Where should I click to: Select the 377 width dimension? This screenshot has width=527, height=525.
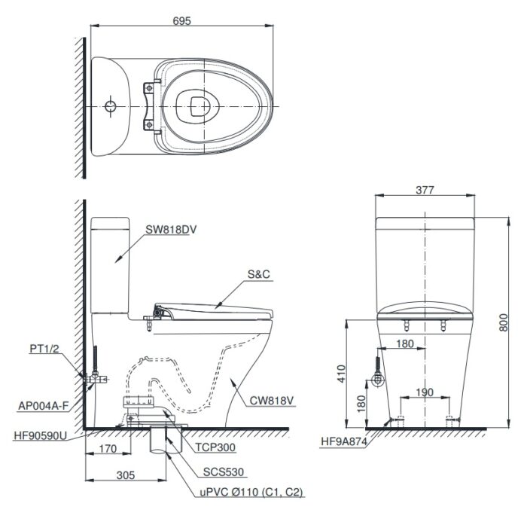click(425, 191)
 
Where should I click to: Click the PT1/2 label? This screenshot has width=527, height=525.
click(45, 348)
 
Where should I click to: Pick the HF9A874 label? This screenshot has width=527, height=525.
click(342, 443)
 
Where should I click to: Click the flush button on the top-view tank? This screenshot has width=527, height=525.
click(111, 105)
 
